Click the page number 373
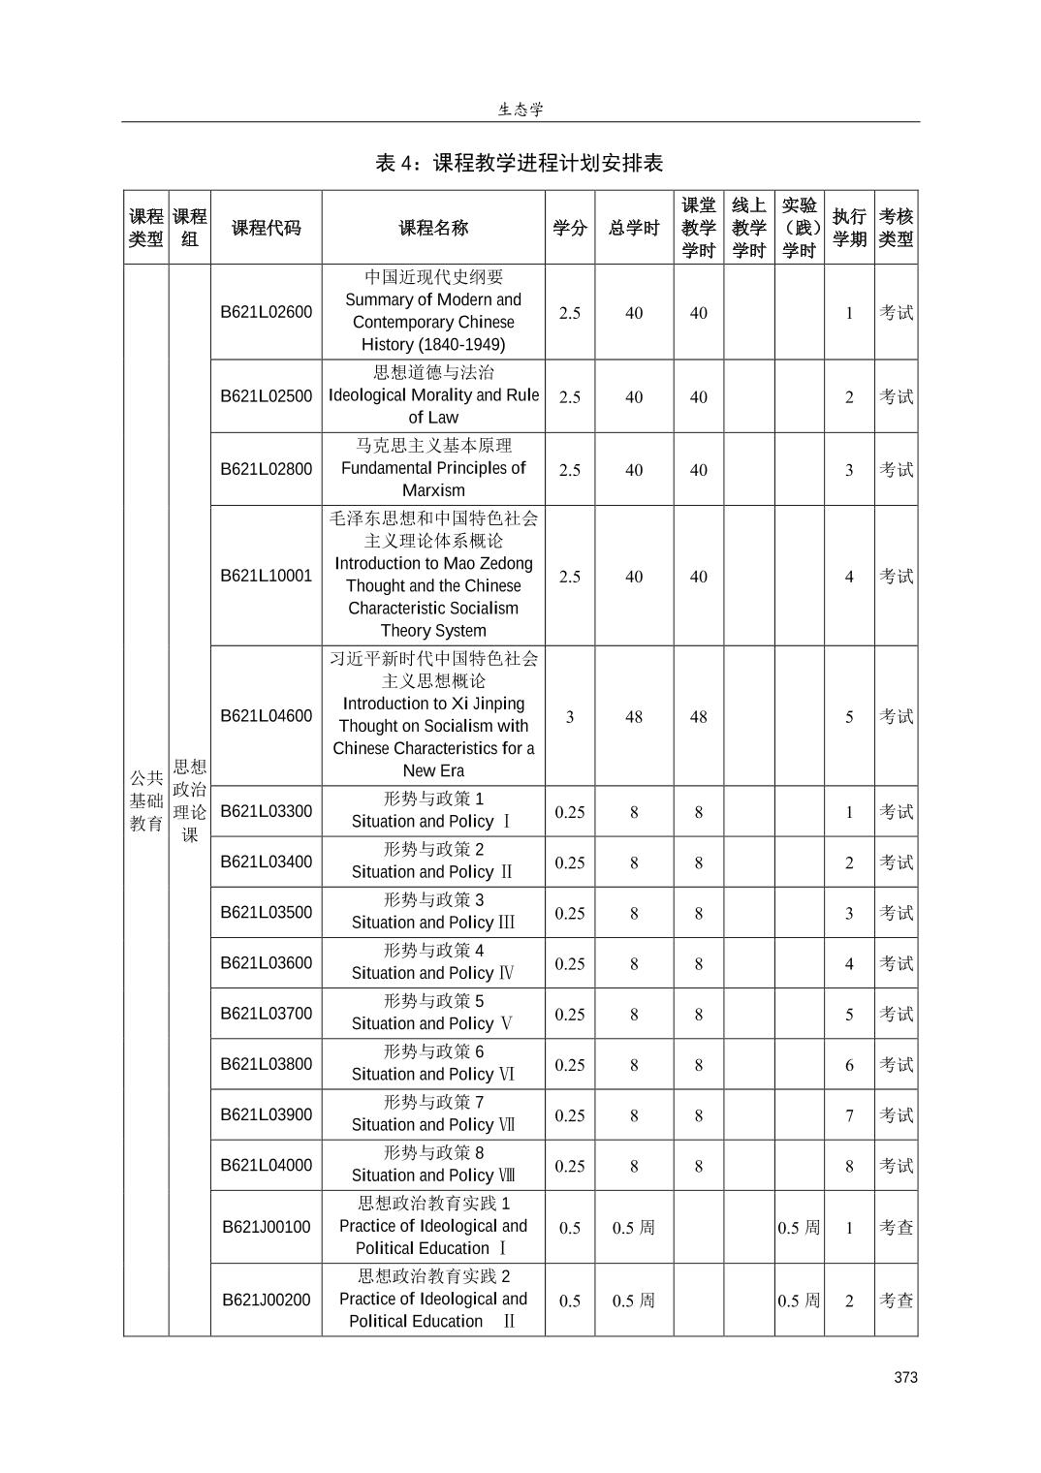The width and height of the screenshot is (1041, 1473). click(x=905, y=1377)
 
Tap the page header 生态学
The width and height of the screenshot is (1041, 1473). click(x=520, y=110)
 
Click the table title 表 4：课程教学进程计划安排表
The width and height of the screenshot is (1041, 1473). click(x=520, y=163)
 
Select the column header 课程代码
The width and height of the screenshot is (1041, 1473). click(x=267, y=229)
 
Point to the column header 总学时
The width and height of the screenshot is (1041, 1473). click(x=634, y=229)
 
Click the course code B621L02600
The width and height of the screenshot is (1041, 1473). click(x=267, y=312)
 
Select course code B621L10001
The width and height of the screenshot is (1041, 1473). click(x=267, y=576)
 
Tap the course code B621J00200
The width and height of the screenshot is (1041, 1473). click(x=267, y=1300)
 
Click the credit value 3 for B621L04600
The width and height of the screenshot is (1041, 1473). click(x=570, y=717)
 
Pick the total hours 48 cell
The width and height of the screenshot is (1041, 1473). click(x=634, y=717)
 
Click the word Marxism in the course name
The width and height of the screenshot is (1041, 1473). click(x=433, y=490)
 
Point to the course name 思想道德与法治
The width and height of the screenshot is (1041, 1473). click(x=433, y=373)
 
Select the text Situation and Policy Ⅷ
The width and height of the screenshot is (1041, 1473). click(x=433, y=1175)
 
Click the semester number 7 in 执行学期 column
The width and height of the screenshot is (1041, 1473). click(x=849, y=1115)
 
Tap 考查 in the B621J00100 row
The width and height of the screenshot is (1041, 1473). click(x=896, y=1228)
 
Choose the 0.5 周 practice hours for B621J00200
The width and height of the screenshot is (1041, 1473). click(x=799, y=1301)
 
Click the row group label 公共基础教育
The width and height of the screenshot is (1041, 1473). click(x=146, y=800)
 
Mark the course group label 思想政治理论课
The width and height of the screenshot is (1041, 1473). click(x=190, y=800)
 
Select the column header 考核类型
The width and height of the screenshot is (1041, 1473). click(x=896, y=229)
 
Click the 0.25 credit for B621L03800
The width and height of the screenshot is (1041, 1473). click(x=570, y=1065)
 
